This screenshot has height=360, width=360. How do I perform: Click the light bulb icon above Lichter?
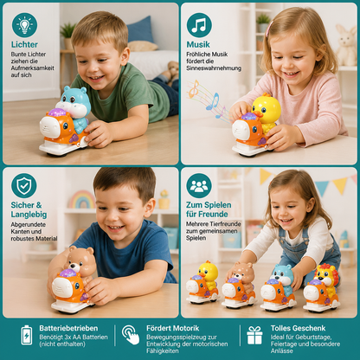click(24, 25)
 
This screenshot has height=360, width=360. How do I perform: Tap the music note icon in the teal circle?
click(199, 25)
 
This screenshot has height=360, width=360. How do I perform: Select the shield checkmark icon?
click(24, 185)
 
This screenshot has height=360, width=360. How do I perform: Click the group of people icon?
click(199, 185)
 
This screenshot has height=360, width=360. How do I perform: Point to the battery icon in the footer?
click(27, 335)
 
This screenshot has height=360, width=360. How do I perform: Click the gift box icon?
click(254, 335)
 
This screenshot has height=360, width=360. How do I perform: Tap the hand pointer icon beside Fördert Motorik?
click(131, 335)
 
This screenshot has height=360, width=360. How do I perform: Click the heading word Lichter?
click(24, 45)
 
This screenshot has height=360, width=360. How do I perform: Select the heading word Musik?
click(198, 45)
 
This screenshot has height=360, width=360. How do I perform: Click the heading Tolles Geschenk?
click(298, 328)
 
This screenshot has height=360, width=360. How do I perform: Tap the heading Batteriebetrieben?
click(68, 328)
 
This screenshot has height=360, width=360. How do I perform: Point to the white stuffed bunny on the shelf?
click(346, 45)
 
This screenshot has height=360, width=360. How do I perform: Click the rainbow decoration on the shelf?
click(82, 199)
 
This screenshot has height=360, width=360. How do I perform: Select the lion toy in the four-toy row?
click(326, 277)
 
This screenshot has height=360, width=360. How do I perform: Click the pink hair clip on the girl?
click(269, 29)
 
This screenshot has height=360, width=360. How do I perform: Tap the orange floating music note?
click(194, 89)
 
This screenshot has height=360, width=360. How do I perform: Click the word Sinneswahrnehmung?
click(214, 68)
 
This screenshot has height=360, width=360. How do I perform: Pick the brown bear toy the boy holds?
click(80, 264)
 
